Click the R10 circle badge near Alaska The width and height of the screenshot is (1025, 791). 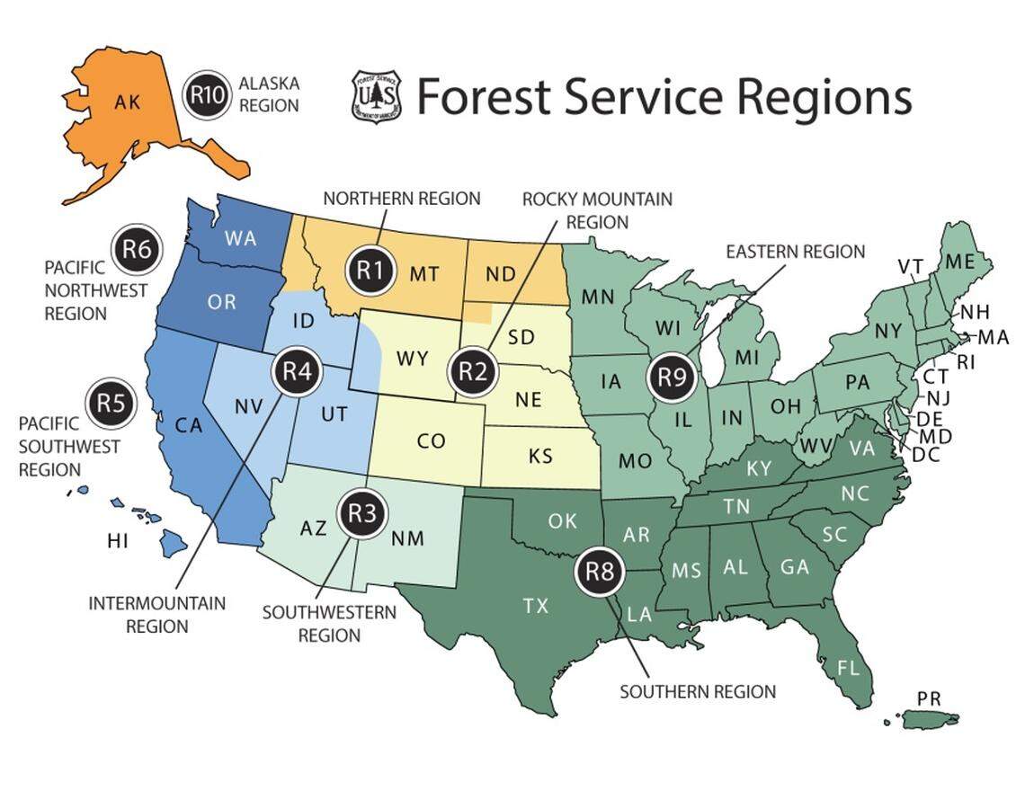pyautogui.click(x=207, y=93)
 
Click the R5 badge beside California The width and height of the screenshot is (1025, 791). pyautogui.click(x=110, y=404)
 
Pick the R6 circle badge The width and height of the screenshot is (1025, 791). pyautogui.click(x=136, y=249)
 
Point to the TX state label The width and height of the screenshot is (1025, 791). pyautogui.click(x=536, y=606)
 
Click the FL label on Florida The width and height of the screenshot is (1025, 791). pyautogui.click(x=848, y=668)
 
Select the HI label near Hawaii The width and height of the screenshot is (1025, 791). pyautogui.click(x=117, y=540)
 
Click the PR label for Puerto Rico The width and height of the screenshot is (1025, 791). pyautogui.click(x=929, y=698)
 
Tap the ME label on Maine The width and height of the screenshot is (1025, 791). pyautogui.click(x=959, y=262)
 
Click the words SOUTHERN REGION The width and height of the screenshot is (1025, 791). pyautogui.click(x=697, y=691)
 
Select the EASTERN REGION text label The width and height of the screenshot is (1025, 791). pyautogui.click(x=795, y=252)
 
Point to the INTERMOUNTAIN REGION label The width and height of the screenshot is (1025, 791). pyautogui.click(x=156, y=614)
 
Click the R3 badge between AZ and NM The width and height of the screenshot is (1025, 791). pyautogui.click(x=361, y=513)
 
